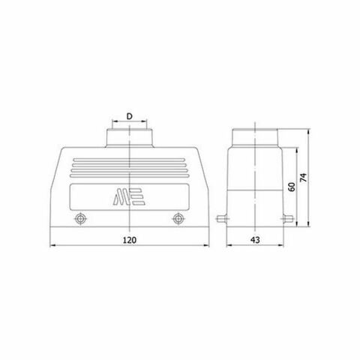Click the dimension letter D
pyautogui.click(x=130, y=116)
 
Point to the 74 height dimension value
pyautogui.click(x=303, y=178)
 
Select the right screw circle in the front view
pyautogui.click(x=178, y=219)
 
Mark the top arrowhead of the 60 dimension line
pyautogui.click(x=296, y=148)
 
